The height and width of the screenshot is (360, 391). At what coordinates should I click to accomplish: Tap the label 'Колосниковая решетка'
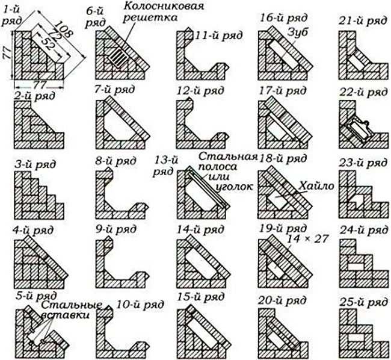tap(164, 11)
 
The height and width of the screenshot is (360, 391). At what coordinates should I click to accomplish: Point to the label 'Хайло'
tap(316, 186)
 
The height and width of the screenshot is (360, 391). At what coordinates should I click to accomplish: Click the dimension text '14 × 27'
tap(307, 239)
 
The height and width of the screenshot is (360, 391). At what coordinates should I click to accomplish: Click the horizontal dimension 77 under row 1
tap(39, 85)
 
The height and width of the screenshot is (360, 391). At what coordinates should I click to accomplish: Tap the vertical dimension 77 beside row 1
tap(7, 52)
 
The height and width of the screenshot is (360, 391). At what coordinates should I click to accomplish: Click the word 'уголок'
tap(234, 187)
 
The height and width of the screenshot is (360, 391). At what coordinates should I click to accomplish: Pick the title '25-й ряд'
tap(363, 303)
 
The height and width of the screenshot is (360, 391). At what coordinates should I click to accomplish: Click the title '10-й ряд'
tap(140, 305)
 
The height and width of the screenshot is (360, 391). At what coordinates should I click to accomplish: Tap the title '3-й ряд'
tap(35, 165)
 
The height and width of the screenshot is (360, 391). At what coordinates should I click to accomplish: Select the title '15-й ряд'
tap(200, 297)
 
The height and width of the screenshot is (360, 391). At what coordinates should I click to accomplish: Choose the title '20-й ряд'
tap(282, 300)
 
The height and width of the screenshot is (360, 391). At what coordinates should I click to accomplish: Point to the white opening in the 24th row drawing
tap(356, 266)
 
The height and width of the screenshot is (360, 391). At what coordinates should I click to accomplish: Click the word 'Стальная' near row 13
tap(228, 157)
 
